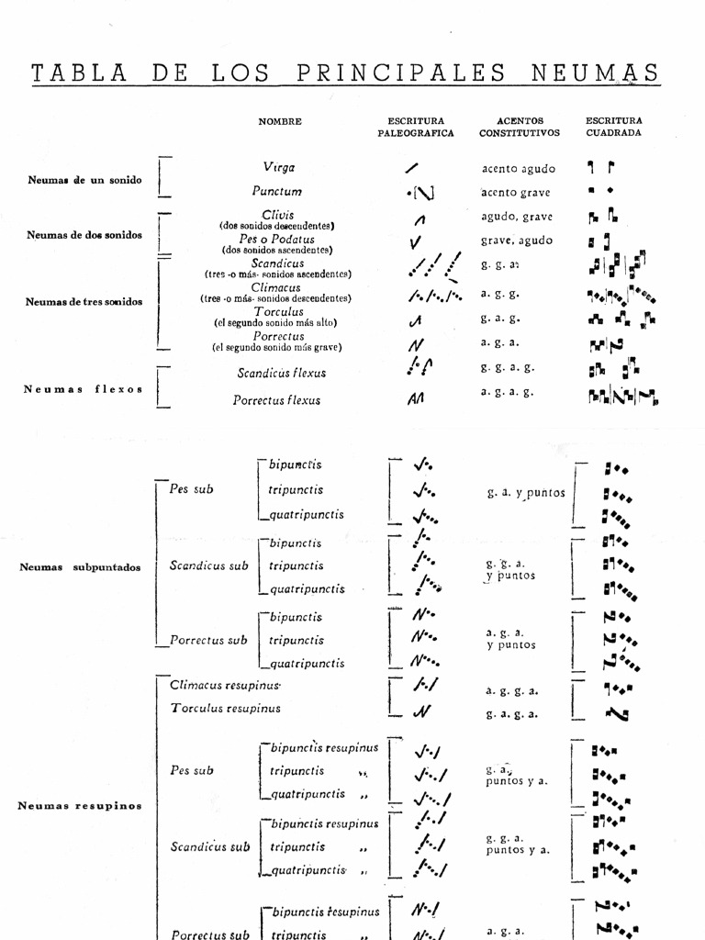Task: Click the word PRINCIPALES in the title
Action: tap(401, 73)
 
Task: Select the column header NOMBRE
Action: tap(280, 121)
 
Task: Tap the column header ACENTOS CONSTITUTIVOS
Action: tap(519, 127)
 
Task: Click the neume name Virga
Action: tap(279, 167)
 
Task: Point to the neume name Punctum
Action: tap(277, 191)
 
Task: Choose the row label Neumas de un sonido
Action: tap(84, 180)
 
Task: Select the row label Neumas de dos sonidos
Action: tap(84, 234)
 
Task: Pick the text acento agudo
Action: tap(518, 169)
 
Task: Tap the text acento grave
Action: tap(518, 193)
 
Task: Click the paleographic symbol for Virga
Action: tap(412, 168)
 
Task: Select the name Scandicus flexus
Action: tap(282, 373)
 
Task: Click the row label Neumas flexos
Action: tap(84, 388)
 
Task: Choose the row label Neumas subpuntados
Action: tap(80, 566)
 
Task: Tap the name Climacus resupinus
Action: tap(225, 685)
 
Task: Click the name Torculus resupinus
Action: tap(225, 709)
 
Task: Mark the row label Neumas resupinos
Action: tap(80, 806)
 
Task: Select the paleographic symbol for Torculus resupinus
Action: tap(421, 711)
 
